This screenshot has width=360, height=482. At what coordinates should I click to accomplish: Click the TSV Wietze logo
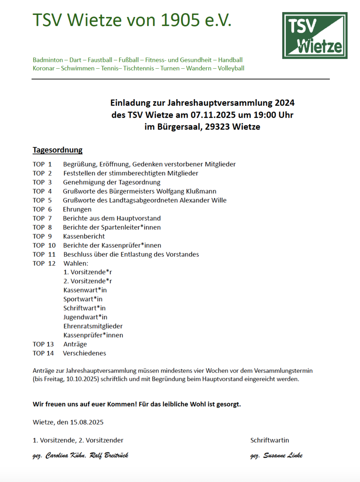[315, 35]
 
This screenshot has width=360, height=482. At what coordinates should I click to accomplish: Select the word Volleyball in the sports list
[231, 68]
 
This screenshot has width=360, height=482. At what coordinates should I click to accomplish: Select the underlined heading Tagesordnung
[57, 150]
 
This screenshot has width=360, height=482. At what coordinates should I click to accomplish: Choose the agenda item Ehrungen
[77, 209]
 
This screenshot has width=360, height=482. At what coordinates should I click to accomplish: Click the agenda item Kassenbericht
[84, 236]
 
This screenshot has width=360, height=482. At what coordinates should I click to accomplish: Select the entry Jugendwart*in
[85, 317]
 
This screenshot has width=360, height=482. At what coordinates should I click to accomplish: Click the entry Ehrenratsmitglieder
[93, 326]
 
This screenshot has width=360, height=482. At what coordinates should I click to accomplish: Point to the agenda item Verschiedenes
[84, 353]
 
